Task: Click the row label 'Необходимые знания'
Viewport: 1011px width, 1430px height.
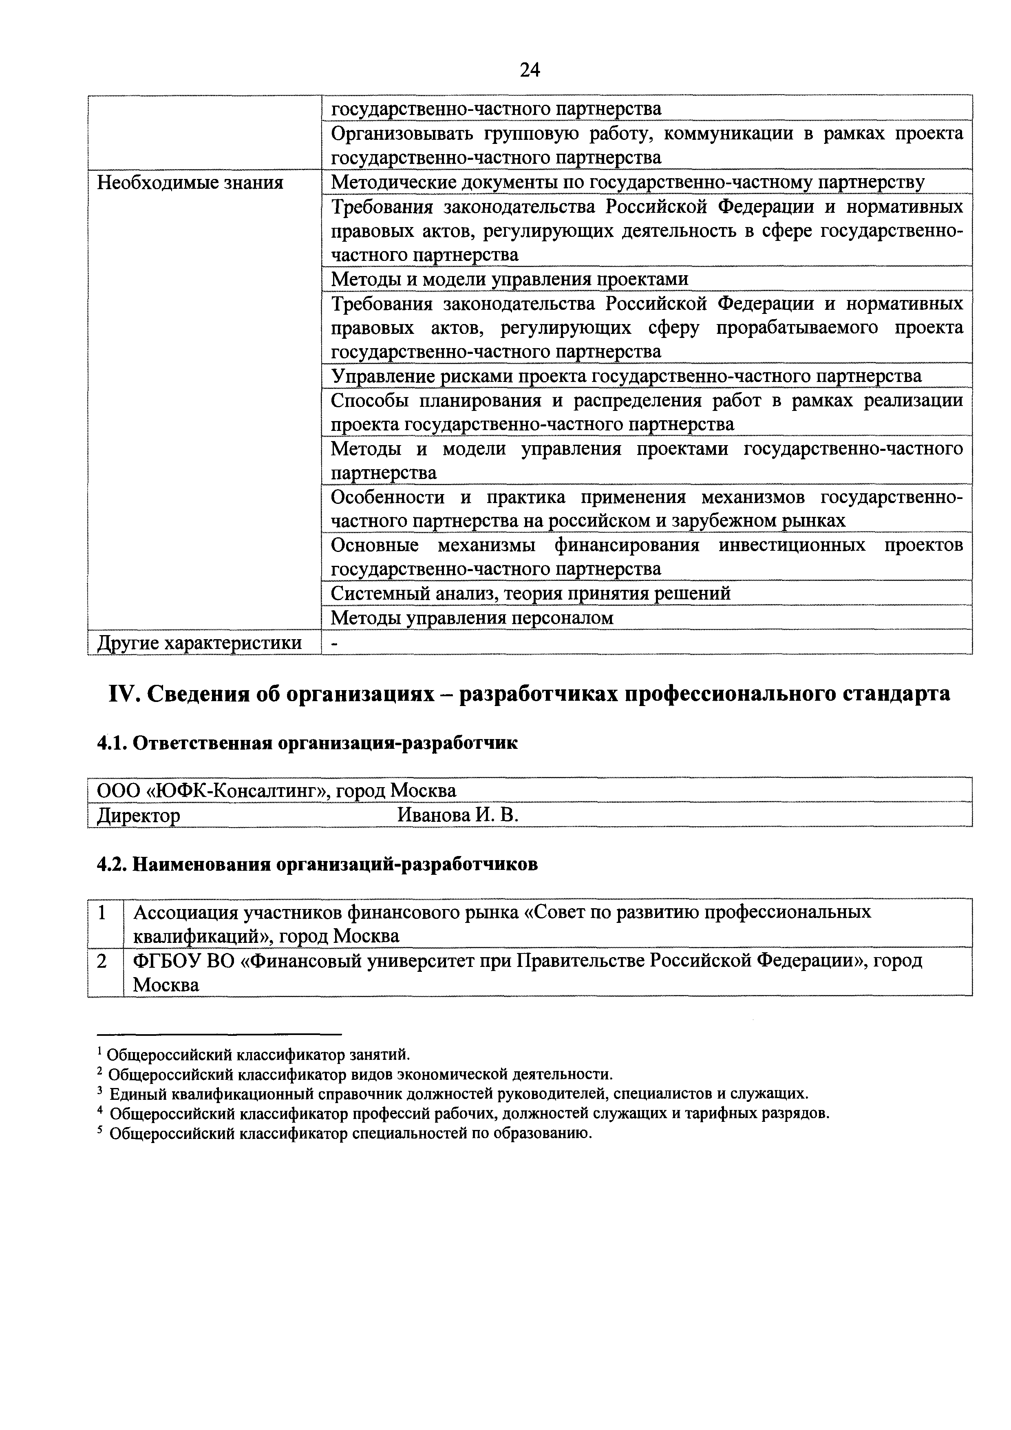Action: (190, 183)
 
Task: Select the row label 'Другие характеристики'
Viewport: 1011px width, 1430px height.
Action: (199, 642)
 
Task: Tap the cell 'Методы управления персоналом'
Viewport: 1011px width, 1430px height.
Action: (472, 618)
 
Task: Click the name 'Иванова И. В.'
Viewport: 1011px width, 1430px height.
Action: (458, 814)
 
